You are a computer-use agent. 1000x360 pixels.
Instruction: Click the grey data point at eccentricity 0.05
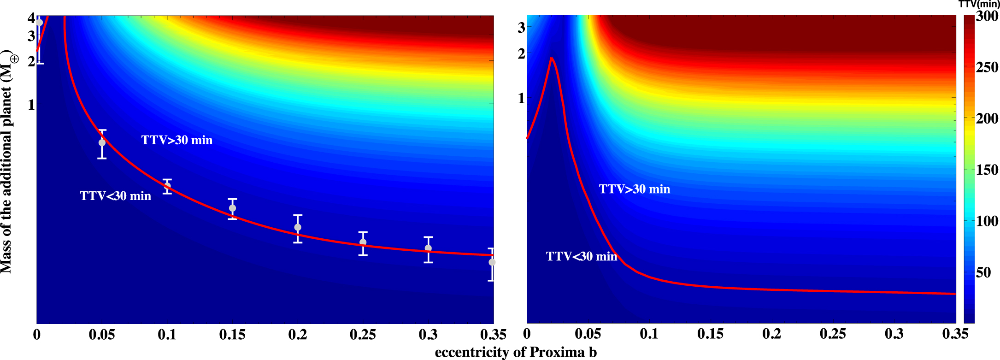click(102, 143)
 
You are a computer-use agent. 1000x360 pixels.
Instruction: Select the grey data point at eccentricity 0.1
click(167, 186)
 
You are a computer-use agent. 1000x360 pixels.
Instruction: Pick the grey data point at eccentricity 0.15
click(232, 208)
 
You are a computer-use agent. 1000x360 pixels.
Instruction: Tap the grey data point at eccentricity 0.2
click(298, 227)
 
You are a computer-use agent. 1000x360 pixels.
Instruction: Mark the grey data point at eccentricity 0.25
click(363, 242)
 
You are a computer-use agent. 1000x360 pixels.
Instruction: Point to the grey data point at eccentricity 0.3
click(428, 248)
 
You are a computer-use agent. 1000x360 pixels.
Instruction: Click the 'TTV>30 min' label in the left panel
click(177, 140)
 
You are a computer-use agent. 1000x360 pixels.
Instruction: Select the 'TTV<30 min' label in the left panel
click(115, 196)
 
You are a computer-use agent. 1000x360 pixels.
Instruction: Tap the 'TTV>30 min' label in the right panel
click(635, 189)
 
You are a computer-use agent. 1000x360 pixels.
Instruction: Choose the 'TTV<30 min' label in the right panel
click(582, 256)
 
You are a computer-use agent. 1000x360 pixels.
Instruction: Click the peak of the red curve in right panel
click(551, 58)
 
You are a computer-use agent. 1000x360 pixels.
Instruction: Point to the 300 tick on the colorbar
click(987, 17)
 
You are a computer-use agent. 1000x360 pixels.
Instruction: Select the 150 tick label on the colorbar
click(987, 170)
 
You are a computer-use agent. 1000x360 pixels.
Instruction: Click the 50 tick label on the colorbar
click(983, 272)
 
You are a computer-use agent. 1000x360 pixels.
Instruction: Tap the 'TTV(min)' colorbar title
click(979, 4)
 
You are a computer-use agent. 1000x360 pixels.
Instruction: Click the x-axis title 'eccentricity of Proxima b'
click(516, 353)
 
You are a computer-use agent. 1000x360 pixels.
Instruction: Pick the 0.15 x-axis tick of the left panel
click(232, 335)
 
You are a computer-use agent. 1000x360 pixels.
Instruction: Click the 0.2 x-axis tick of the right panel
click(771, 334)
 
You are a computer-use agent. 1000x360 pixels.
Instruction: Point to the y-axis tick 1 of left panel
click(31, 105)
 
